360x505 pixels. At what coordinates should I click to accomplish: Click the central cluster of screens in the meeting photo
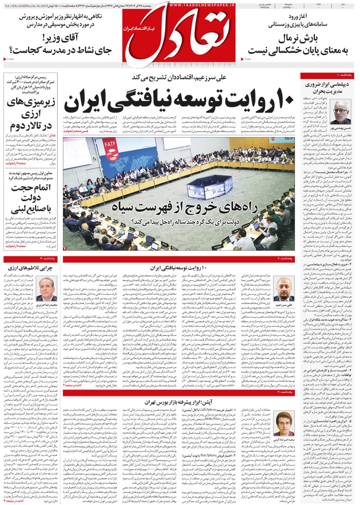203,186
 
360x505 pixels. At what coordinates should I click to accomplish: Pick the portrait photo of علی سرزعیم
284,285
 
